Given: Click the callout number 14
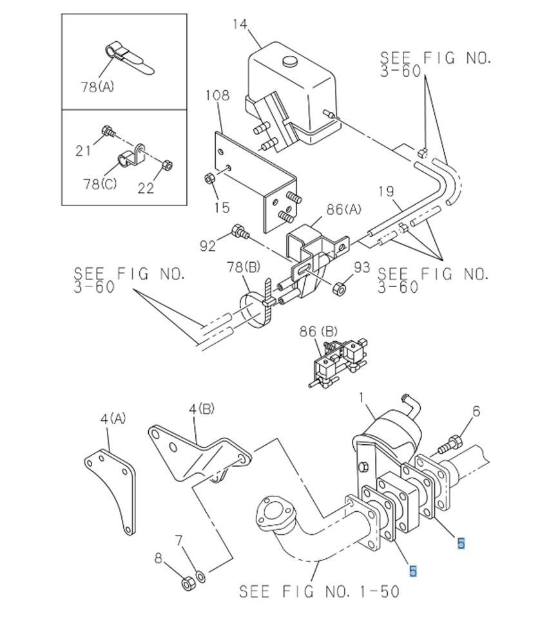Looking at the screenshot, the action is [x=240, y=24].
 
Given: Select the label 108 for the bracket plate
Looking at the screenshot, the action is [x=217, y=95].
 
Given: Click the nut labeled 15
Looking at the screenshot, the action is [x=209, y=179].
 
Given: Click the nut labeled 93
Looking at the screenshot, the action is [x=340, y=289].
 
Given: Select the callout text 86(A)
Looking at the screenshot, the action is [x=343, y=209].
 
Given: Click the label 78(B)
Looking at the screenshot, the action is [x=244, y=268].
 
